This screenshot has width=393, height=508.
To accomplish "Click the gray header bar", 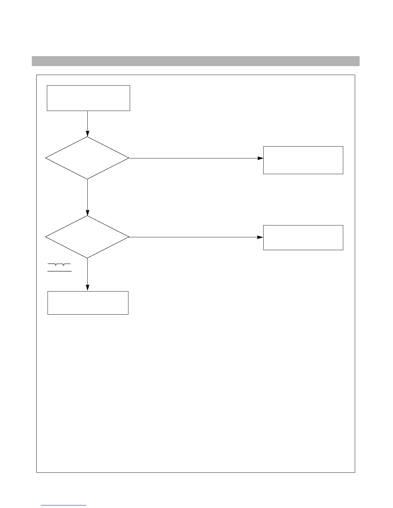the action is click(x=196, y=61).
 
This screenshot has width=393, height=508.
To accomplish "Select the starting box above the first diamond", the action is click(x=88, y=98).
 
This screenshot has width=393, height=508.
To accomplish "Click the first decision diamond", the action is click(x=87, y=158).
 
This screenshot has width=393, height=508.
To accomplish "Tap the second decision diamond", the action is click(x=87, y=237).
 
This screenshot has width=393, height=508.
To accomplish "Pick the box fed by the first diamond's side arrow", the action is click(x=303, y=160).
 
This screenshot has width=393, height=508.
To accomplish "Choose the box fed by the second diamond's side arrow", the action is click(x=303, y=238).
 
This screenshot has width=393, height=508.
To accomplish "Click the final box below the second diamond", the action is click(x=88, y=303).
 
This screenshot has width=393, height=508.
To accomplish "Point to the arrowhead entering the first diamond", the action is click(x=87, y=134).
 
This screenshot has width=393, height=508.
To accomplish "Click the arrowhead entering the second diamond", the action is click(x=87, y=213).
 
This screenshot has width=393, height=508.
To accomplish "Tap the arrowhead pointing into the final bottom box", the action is click(x=87, y=288).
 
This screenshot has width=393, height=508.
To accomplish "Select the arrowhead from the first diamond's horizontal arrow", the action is click(x=260, y=158).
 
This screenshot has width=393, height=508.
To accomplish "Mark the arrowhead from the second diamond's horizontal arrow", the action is click(x=260, y=237).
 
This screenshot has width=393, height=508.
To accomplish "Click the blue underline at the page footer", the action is click(x=64, y=505).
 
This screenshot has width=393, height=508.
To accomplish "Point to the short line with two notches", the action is click(x=59, y=264).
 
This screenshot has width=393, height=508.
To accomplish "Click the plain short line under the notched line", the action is click(x=59, y=271).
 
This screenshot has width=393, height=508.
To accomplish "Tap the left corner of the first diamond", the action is click(x=46, y=158).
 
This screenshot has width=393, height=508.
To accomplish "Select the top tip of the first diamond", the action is click(x=87, y=137).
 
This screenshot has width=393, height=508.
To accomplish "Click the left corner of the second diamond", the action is click(x=46, y=237).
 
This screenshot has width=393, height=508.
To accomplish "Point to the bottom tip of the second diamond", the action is click(x=87, y=258).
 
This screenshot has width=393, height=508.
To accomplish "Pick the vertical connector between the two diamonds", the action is click(x=87, y=196).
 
